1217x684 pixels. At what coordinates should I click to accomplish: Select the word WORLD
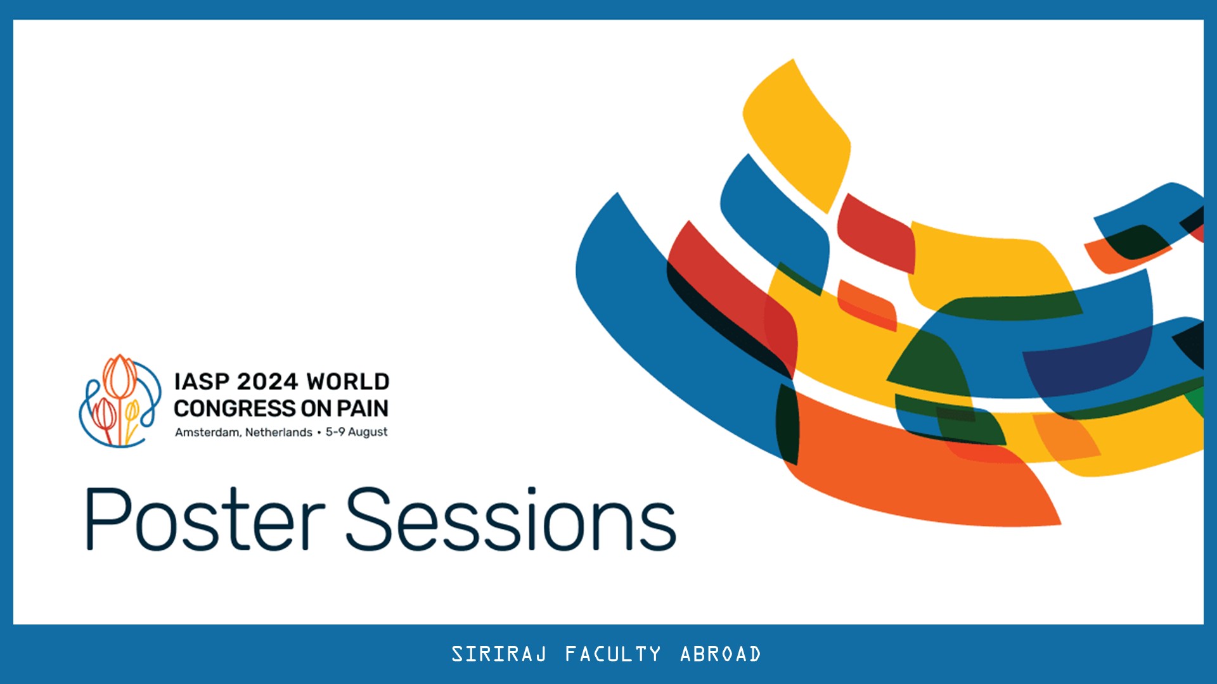point(348,382)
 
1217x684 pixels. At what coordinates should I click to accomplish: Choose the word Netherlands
point(279,433)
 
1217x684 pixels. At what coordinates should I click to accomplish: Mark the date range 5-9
point(335,433)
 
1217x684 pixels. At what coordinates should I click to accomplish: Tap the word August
point(368,433)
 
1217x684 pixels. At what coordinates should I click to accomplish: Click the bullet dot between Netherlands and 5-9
point(319,433)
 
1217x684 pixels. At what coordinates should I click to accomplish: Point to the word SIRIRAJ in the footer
point(499,654)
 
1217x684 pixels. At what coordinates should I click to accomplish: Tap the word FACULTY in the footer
point(613,654)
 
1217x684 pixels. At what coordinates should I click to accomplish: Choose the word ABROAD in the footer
point(721,654)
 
